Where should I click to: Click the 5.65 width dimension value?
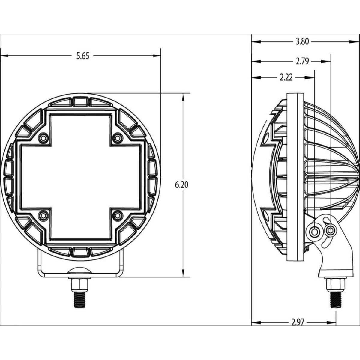tap(82, 56)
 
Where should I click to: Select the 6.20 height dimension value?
tap(181, 185)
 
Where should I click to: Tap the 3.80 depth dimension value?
tap(302, 42)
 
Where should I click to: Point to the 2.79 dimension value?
tap(302, 61)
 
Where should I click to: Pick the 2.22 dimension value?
tap(286, 78)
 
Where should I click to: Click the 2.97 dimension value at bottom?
tap(298, 322)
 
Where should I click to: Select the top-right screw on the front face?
tap(117, 137)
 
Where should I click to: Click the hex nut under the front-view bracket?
tap(80, 283)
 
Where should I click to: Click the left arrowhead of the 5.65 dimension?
tap(4, 56)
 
